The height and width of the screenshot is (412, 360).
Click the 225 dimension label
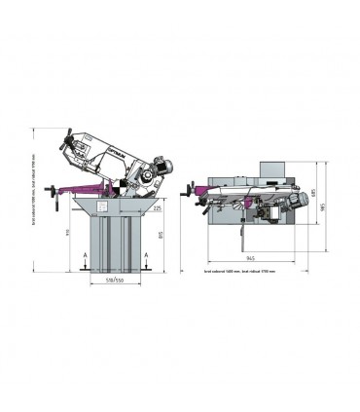pos(156,206)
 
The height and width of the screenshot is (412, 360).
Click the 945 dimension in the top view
pos(252,257)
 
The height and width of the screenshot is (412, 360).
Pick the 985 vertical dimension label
pos(337,206)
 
